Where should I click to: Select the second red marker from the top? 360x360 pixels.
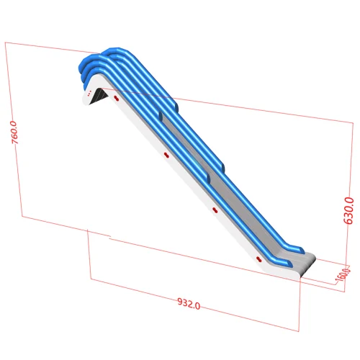165,155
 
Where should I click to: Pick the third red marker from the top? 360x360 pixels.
214,210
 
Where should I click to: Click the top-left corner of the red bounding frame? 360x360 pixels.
6,42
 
